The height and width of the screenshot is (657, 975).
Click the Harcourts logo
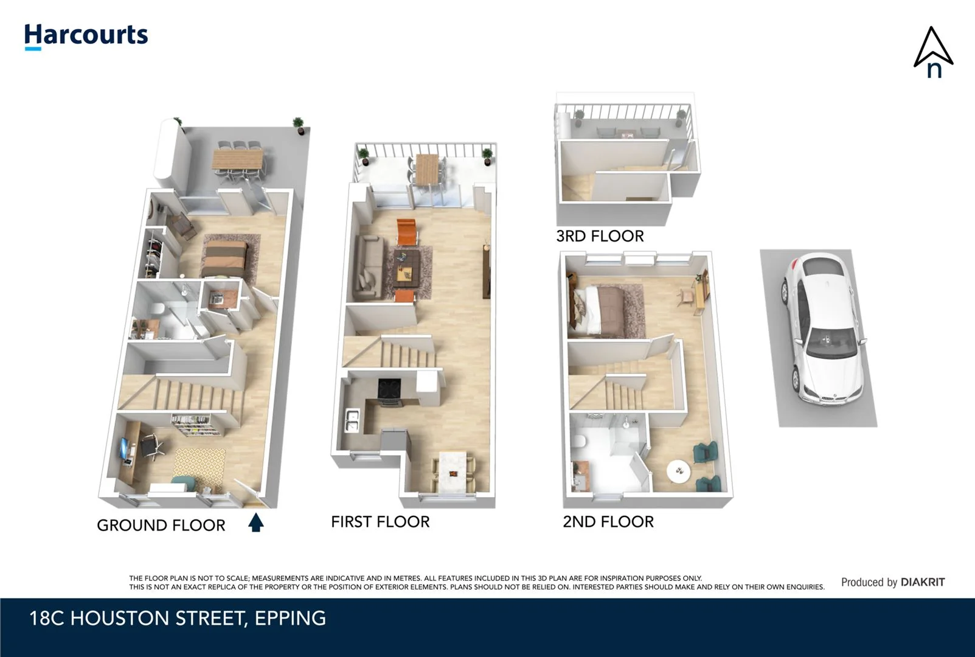(86, 36)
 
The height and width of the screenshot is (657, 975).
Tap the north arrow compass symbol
(933, 52)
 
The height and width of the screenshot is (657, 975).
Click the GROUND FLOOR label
(161, 525)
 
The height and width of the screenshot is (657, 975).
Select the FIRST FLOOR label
(380, 521)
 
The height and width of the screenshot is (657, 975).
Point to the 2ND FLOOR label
(608, 521)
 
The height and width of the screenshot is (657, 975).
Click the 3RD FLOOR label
(600, 236)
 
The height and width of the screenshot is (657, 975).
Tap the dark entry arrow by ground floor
(256, 523)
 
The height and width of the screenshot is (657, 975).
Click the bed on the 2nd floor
(602, 310)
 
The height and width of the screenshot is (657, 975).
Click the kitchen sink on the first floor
(352, 420)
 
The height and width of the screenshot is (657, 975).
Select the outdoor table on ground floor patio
(238, 160)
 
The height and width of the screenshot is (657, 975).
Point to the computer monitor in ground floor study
(125, 449)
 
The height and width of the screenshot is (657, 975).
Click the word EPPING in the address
(290, 618)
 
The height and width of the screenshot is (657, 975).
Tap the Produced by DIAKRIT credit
(892, 582)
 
